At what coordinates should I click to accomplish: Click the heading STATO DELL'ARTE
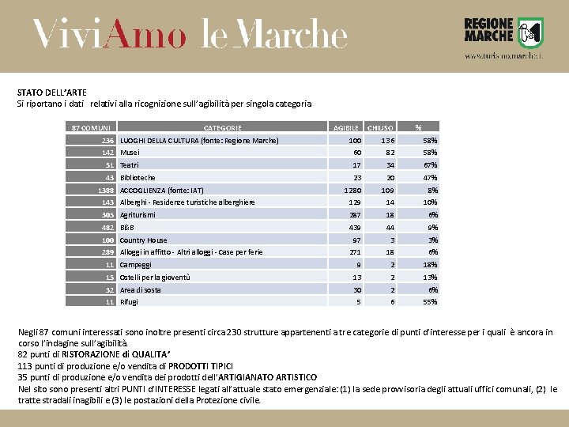pos(52,93)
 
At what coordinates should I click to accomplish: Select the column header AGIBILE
pos(346,127)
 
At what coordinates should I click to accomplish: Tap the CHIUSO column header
pos(380,127)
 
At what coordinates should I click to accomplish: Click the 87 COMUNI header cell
pos(91,127)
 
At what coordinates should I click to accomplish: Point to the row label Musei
pos(130,153)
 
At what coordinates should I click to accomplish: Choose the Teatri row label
pos(130,165)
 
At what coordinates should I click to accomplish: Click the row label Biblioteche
pos(138,178)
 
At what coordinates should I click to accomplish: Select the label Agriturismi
pos(138,215)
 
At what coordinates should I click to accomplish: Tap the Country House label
pos(143,240)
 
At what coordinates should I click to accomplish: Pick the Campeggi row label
pos(135,265)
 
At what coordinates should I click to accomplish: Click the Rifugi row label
pos(129,302)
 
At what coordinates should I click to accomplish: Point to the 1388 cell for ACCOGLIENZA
pos(106,191)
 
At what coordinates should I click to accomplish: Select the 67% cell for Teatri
pos(430,165)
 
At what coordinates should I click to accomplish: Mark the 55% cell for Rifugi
pos(430,302)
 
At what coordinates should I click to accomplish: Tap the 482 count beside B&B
pos(107,228)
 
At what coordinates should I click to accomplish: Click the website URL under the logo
pos(503,57)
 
